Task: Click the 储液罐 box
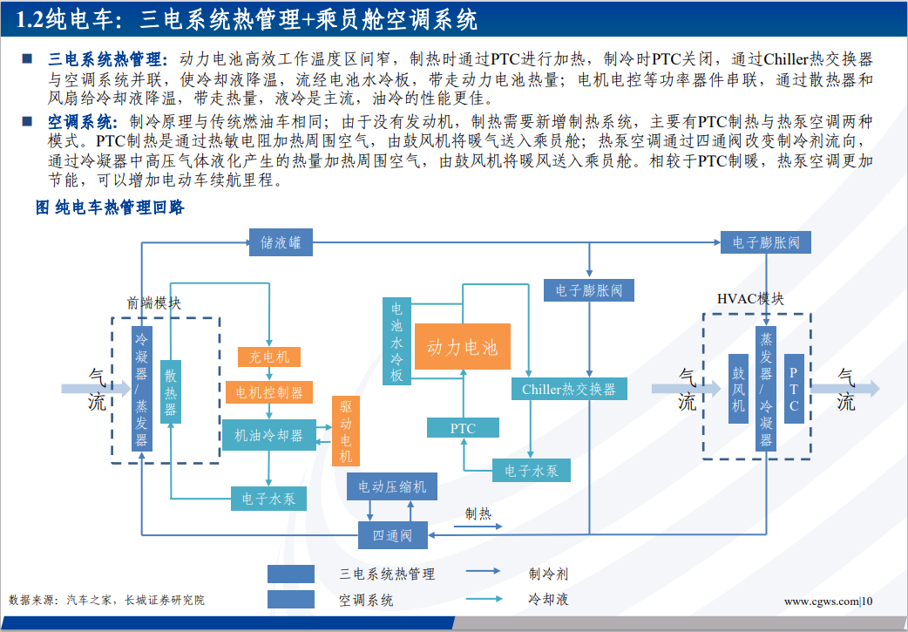click(x=281, y=242)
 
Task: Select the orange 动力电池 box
click(x=462, y=348)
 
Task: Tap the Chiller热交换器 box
click(x=568, y=389)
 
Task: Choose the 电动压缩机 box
click(x=392, y=486)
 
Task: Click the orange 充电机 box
click(x=269, y=357)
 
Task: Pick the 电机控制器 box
click(x=269, y=392)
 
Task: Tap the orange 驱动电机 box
click(x=345, y=431)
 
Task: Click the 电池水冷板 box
click(x=396, y=342)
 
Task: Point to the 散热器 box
click(x=171, y=391)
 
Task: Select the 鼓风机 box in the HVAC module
click(x=738, y=388)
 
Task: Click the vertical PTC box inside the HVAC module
click(x=794, y=388)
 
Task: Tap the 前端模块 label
click(x=154, y=303)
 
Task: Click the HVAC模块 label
click(x=750, y=298)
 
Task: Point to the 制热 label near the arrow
click(x=478, y=513)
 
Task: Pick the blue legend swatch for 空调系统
click(x=291, y=599)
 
